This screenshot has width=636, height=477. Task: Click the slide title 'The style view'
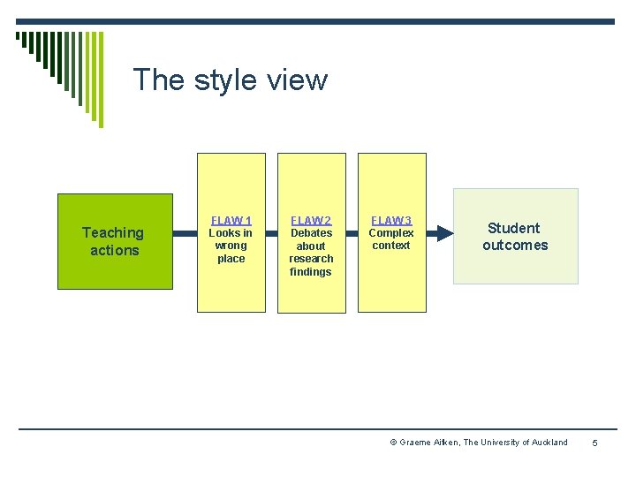click(x=230, y=80)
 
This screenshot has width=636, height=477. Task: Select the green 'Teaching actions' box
click(x=115, y=241)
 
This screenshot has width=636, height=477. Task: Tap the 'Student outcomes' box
click(x=515, y=236)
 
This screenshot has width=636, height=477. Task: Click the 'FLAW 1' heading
click(x=231, y=221)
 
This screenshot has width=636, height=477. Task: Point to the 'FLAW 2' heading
click(x=311, y=221)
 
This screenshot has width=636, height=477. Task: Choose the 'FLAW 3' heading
click(x=391, y=221)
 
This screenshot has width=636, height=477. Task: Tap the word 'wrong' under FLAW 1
click(x=231, y=246)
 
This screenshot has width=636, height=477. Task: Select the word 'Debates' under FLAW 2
click(x=311, y=233)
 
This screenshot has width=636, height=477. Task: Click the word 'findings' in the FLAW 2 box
click(x=311, y=272)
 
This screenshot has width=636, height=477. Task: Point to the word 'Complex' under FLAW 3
click(x=391, y=233)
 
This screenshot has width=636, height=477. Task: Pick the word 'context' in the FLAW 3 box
click(x=391, y=246)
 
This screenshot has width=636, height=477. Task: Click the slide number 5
click(x=595, y=443)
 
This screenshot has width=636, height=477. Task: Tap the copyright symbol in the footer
click(x=393, y=443)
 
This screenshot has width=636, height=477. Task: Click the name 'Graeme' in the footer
click(x=416, y=443)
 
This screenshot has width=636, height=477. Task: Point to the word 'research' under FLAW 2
click(x=311, y=259)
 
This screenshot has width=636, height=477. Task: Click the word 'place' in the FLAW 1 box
click(x=231, y=259)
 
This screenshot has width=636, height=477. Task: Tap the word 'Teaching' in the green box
click(x=112, y=232)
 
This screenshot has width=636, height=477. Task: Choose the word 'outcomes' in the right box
click(x=515, y=246)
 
